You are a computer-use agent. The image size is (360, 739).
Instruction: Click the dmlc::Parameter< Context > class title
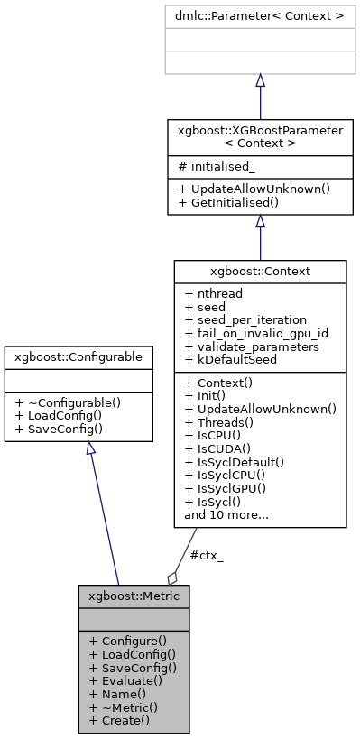(x=260, y=15)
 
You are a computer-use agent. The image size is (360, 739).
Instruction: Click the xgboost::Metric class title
(x=134, y=596)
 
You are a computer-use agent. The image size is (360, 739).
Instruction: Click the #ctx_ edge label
(x=207, y=555)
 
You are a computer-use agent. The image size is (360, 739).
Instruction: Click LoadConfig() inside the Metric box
(x=132, y=653)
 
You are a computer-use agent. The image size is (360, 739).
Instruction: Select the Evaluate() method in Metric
(x=126, y=680)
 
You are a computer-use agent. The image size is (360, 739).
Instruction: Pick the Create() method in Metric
(x=120, y=720)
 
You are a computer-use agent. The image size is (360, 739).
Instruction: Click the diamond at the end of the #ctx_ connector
(x=172, y=577)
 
